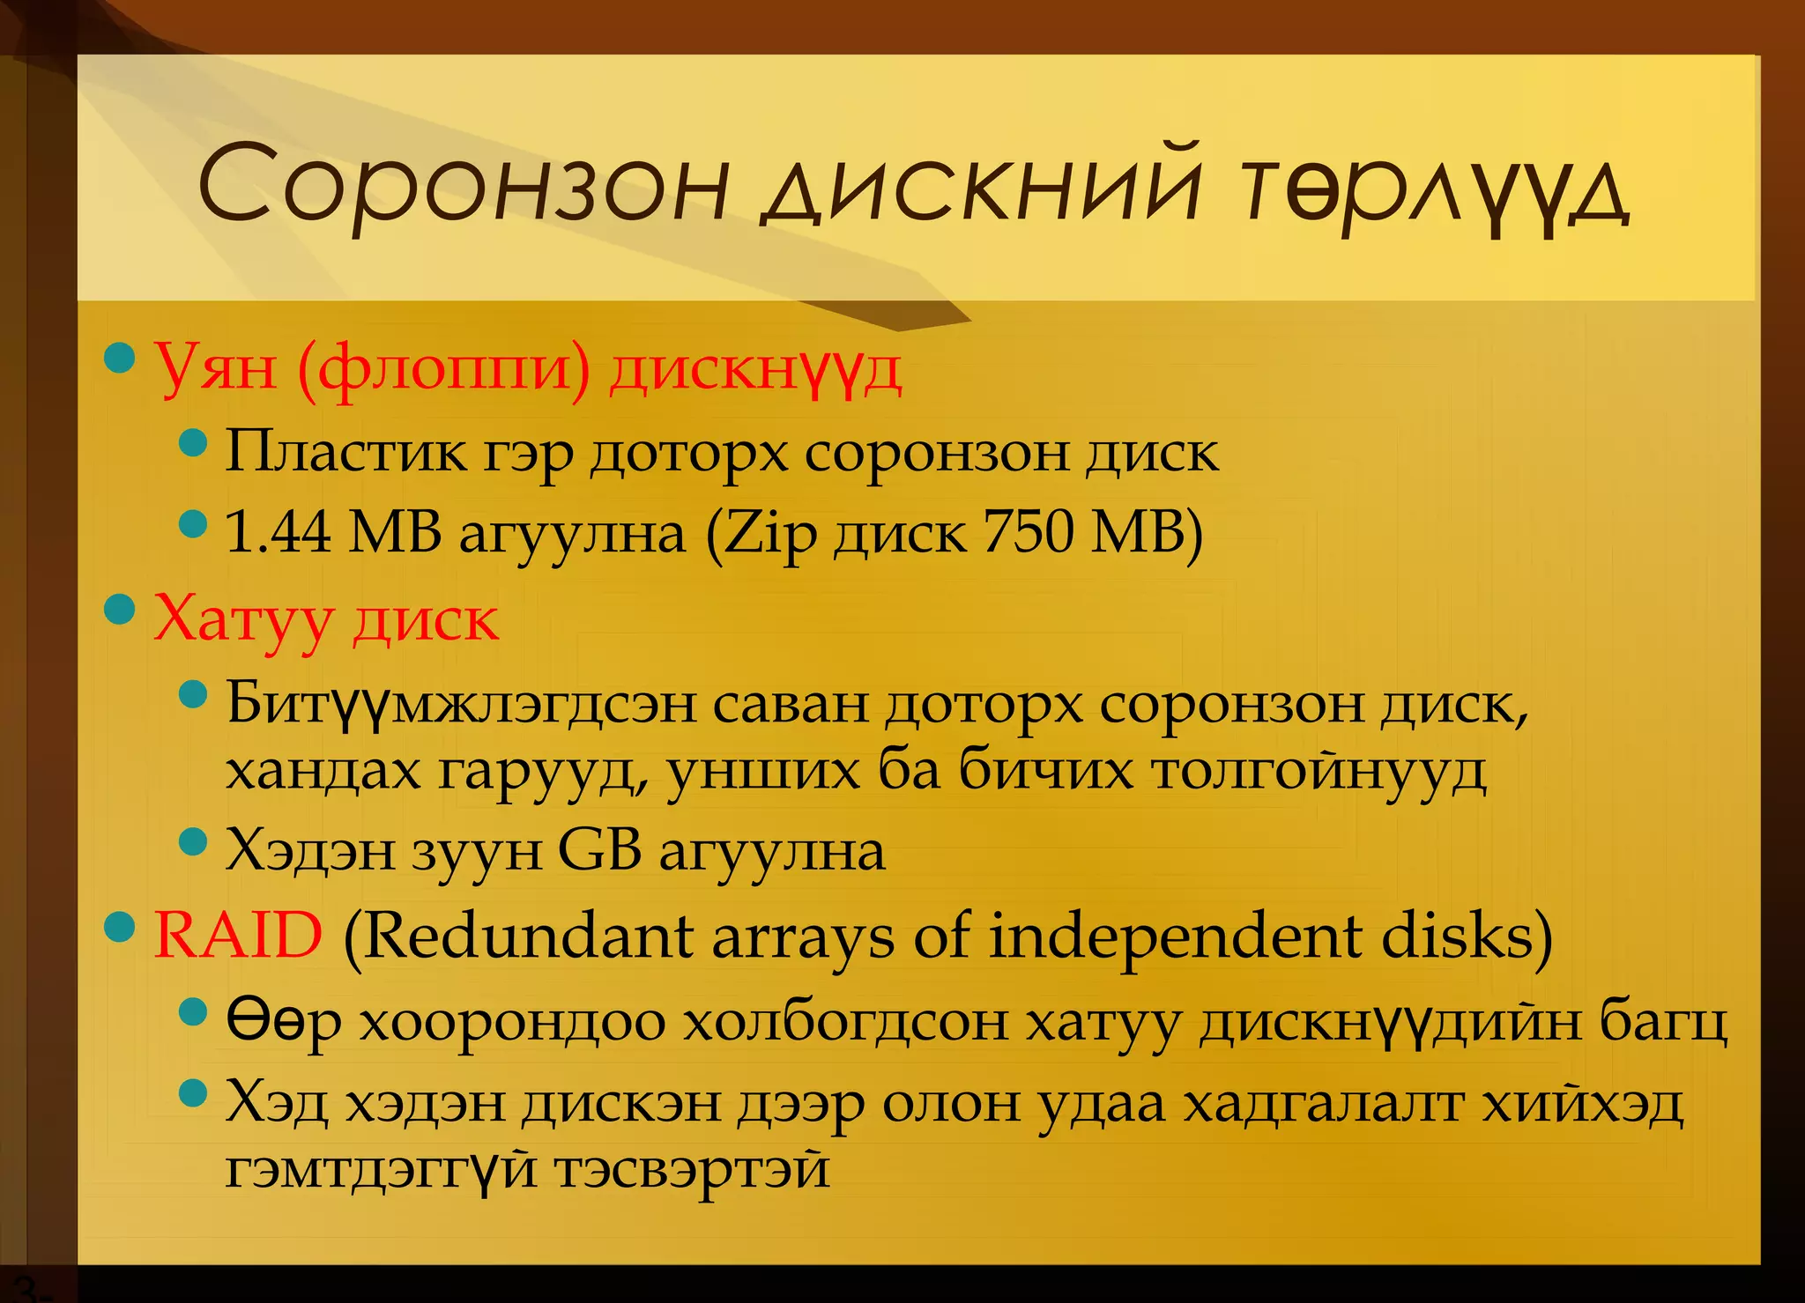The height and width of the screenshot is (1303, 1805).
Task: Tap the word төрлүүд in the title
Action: click(x=1437, y=189)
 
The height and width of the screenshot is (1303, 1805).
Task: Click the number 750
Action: click(x=1028, y=532)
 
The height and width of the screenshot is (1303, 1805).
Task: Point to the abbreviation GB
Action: click(x=599, y=851)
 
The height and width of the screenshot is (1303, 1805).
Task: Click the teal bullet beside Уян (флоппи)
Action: click(x=119, y=358)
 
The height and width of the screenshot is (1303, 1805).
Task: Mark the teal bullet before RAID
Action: click(x=119, y=926)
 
